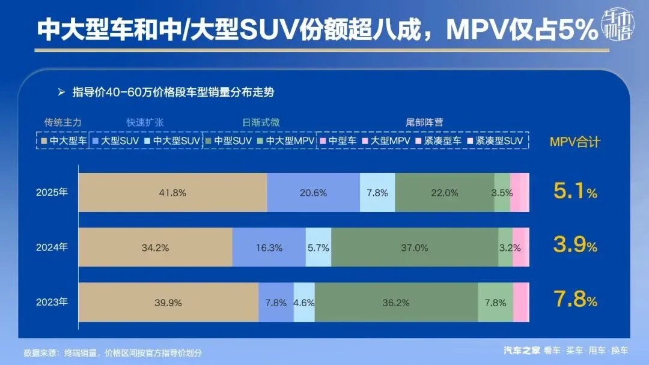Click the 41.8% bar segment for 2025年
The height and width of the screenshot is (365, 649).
click(x=173, y=193)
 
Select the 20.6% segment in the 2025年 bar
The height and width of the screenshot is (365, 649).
click(x=313, y=193)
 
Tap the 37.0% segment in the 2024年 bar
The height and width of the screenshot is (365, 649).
click(x=415, y=247)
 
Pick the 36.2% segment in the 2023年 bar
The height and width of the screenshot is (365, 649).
click(x=396, y=303)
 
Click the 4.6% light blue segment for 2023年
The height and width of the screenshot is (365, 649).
click(x=304, y=303)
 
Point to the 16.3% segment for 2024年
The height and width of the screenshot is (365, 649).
click(x=269, y=247)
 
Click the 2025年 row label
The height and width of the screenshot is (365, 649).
click(x=52, y=193)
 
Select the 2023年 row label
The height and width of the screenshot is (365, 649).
click(x=52, y=303)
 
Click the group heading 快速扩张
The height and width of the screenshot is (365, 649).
click(x=145, y=122)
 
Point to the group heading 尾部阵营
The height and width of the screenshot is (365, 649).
click(x=424, y=122)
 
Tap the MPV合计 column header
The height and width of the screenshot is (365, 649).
click(x=574, y=142)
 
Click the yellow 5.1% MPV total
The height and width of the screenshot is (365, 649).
click(x=574, y=192)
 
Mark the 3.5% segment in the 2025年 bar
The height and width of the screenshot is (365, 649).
click(x=502, y=193)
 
